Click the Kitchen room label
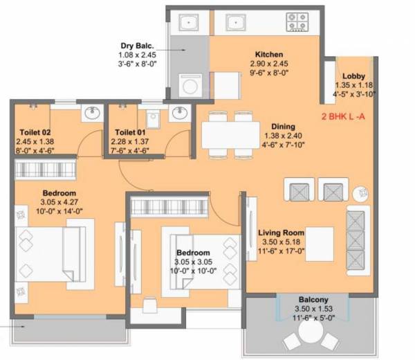point(267,54)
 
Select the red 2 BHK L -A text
point(346,118)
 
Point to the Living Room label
point(282,233)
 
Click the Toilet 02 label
point(33,131)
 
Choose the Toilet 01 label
point(130,131)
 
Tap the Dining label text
point(284,127)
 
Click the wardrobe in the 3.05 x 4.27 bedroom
point(44,169)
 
